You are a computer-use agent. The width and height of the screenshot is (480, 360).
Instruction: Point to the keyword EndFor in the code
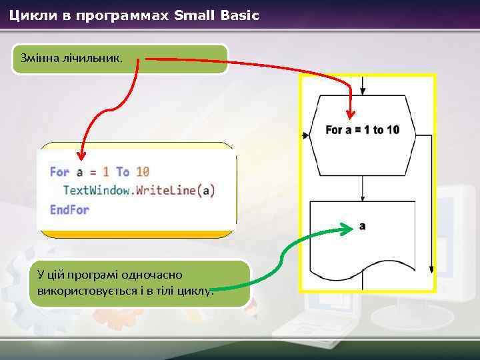click(69, 209)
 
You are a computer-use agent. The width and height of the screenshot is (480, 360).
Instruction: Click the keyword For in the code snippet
click(59, 171)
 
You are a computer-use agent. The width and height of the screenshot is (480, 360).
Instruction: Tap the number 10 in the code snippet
click(142, 171)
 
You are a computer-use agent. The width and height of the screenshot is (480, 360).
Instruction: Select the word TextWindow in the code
click(98, 190)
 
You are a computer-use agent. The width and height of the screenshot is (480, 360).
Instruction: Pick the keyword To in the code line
click(123, 171)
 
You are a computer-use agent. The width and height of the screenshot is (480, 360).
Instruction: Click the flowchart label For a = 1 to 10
click(362, 129)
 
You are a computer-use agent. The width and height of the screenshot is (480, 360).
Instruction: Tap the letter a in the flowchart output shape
click(362, 227)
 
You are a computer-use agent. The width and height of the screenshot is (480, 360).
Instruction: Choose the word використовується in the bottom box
click(77, 291)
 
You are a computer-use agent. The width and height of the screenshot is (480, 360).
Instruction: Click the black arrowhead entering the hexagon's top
click(362, 91)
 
